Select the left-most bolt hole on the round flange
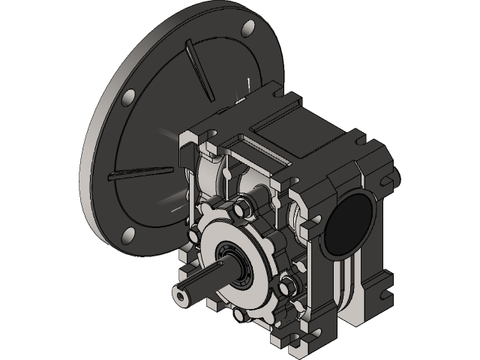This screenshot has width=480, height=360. (x=128, y=97)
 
